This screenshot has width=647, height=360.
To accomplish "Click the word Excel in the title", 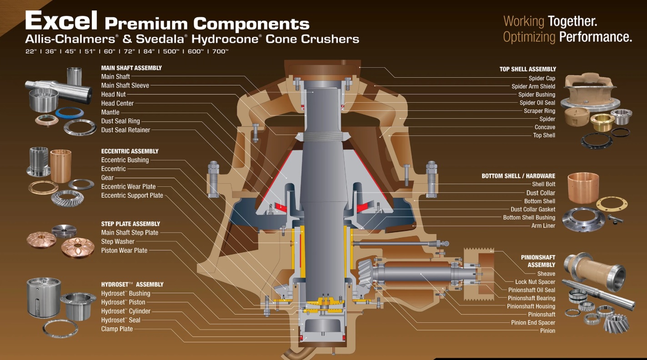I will [61, 20].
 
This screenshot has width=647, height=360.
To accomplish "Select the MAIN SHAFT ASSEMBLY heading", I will [131, 68].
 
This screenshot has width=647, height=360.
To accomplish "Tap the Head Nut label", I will [113, 95].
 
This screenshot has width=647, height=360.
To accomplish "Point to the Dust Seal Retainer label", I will [125, 130].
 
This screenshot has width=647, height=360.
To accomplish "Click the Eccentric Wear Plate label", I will [128, 186].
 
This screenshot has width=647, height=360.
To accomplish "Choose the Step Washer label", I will [118, 241].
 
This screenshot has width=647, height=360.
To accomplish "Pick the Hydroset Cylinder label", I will [125, 311].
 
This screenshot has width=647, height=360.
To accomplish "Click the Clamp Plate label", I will [117, 329].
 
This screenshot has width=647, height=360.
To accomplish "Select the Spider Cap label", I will [542, 78].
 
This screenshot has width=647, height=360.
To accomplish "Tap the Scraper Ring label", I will [539, 111].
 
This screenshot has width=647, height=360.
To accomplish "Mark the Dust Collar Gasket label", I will [533, 209].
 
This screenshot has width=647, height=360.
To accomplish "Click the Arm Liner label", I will [543, 225].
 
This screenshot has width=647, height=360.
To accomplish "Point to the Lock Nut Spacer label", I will [535, 282].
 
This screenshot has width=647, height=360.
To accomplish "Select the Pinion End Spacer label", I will [533, 323].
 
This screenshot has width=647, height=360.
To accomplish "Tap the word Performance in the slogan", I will [596, 37].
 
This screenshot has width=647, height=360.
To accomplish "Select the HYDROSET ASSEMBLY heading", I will [132, 285].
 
